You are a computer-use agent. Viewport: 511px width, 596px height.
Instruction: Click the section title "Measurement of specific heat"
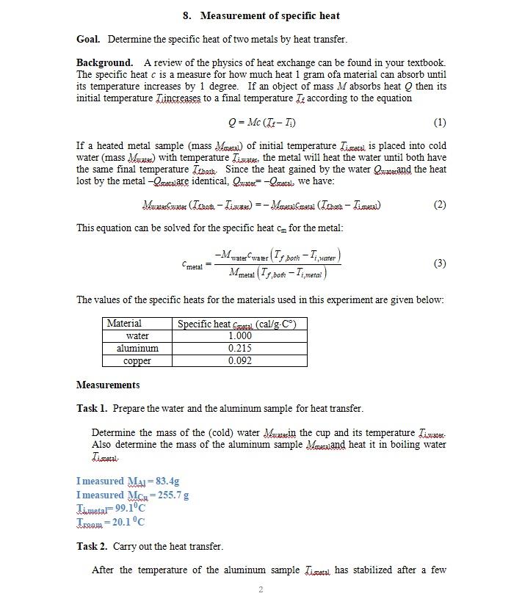click(x=269, y=15)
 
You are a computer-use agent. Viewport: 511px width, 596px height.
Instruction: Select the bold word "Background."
click(x=105, y=63)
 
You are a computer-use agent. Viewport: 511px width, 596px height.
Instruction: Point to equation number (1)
click(x=440, y=122)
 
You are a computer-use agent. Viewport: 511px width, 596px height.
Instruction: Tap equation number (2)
click(x=440, y=205)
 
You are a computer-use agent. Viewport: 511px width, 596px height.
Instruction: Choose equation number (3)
click(x=440, y=263)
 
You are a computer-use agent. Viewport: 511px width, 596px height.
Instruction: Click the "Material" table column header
click(x=125, y=324)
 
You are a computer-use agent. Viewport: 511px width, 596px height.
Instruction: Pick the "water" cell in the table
click(x=137, y=336)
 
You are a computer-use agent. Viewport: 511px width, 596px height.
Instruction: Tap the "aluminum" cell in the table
click(x=137, y=349)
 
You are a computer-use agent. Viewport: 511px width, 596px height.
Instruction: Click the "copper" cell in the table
click(x=137, y=361)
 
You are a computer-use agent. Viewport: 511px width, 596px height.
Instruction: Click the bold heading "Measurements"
click(x=108, y=385)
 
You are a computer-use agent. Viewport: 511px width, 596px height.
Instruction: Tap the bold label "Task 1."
click(x=93, y=409)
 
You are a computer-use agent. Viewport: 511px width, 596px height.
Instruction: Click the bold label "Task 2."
click(x=93, y=546)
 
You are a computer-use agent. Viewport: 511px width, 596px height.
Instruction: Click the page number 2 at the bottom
click(x=261, y=589)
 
